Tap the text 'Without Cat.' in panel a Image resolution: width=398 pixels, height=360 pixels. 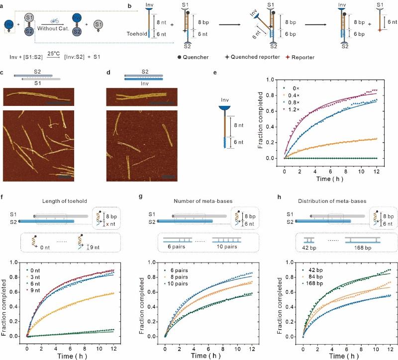pos(59,29)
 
